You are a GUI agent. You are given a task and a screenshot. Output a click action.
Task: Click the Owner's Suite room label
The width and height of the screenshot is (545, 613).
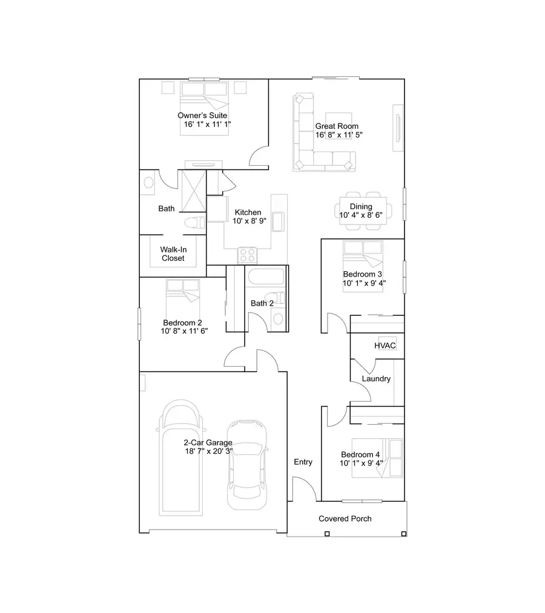pyautogui.click(x=202, y=115)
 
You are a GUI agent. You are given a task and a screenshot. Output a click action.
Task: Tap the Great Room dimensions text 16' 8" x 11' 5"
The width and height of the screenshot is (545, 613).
pyautogui.click(x=339, y=135)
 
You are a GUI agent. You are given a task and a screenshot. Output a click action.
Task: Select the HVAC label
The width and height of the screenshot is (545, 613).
pyautogui.click(x=385, y=346)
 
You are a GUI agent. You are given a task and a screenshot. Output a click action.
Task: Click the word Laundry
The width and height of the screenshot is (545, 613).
pyautogui.click(x=376, y=379)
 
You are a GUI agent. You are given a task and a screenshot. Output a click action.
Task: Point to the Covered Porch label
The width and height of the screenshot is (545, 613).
pyautogui.click(x=345, y=519)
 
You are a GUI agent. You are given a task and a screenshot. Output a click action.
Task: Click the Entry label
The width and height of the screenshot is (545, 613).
pyautogui.click(x=303, y=462)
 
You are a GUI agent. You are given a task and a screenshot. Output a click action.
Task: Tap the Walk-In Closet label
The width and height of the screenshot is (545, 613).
pyautogui.click(x=173, y=254)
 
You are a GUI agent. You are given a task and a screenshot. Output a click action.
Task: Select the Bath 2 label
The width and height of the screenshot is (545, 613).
pyautogui.click(x=262, y=303)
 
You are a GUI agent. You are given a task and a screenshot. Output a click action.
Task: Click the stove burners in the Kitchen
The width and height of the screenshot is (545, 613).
pyautogui.click(x=247, y=255)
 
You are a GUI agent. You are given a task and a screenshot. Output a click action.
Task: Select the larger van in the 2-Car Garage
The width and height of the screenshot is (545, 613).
pyautogui.click(x=180, y=460)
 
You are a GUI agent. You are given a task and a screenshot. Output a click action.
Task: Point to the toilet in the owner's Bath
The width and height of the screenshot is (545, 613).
pyautogui.click(x=193, y=222)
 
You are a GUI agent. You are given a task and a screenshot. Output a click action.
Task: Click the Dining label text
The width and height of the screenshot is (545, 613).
pyautogui.click(x=361, y=206)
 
